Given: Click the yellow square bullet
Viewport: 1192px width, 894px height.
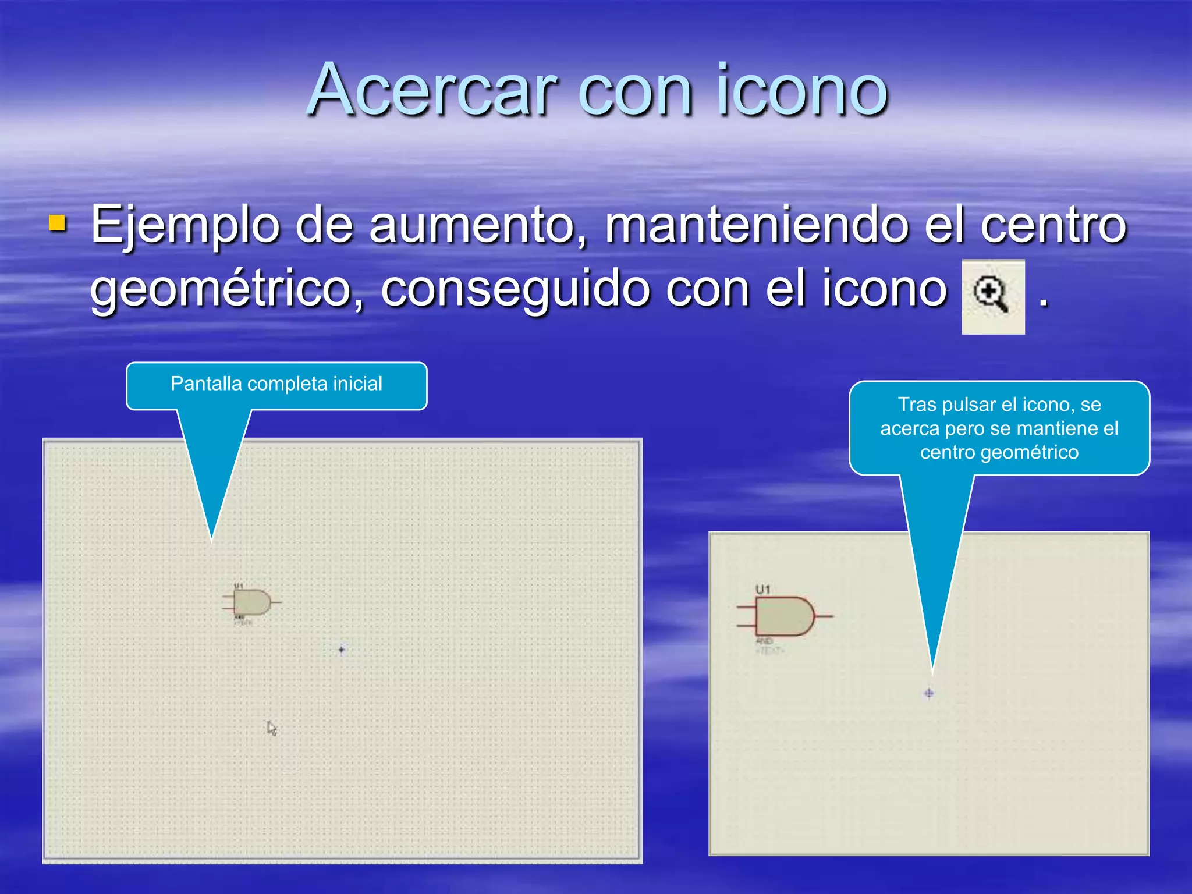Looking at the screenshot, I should [57, 223].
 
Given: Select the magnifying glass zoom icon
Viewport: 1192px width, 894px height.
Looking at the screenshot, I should [992, 296].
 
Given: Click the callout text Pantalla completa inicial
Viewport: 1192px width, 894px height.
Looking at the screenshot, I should [276, 384].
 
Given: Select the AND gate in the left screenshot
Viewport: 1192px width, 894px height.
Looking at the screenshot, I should [252, 602].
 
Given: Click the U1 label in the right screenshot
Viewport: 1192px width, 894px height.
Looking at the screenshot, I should [762, 590].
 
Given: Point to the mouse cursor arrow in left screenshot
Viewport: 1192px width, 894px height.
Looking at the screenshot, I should [271, 728].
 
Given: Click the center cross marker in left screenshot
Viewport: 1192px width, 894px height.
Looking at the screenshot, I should [342, 650].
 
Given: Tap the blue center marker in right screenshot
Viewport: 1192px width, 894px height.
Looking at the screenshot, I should [929, 693].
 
